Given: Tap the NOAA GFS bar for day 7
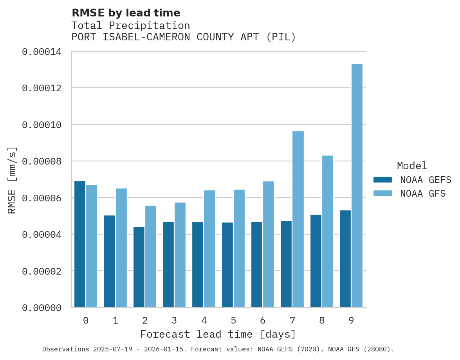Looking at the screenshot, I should (298, 219).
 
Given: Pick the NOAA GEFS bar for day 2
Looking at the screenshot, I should (139, 267).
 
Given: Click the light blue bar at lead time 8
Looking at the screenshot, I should (327, 231).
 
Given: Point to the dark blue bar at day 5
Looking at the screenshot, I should (227, 265).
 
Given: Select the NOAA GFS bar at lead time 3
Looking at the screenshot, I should (180, 255).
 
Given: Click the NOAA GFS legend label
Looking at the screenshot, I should (423, 193).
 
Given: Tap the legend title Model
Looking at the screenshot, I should (412, 166).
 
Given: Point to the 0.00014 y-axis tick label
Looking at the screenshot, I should (41, 52).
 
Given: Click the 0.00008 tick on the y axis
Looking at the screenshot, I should (41, 161).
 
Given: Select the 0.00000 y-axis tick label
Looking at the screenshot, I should (41, 308).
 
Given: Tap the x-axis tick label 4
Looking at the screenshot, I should (204, 320).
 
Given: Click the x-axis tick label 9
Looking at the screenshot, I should (351, 320).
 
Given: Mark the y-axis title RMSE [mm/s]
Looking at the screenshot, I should (12, 180).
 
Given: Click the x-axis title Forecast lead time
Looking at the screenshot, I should (218, 334).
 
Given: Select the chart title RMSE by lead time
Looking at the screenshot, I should (126, 13).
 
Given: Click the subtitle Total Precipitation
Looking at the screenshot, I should (130, 25).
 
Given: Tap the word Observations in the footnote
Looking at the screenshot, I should (65, 349).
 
